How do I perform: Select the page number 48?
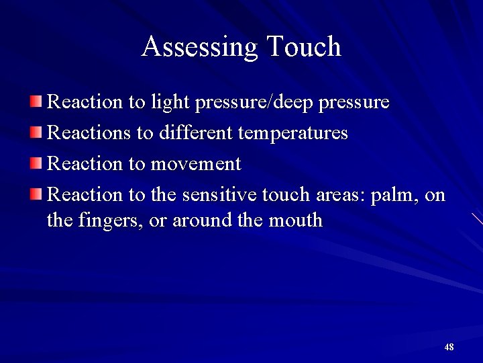click(x=449, y=347)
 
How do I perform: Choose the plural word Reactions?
click(x=90, y=133)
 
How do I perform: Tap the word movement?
click(x=197, y=164)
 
